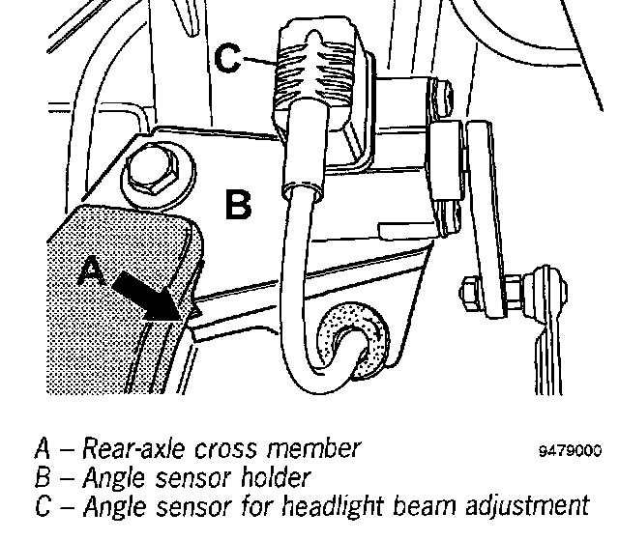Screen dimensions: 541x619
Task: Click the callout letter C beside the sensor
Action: pyautogui.click(x=228, y=59)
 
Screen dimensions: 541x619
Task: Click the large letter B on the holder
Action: pyautogui.click(x=239, y=205)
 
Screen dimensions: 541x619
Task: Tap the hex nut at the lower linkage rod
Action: pyautogui.click(x=470, y=292)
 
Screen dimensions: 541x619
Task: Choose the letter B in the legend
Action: pyautogui.click(x=43, y=477)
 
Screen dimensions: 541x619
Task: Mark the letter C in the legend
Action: pyautogui.click(x=43, y=505)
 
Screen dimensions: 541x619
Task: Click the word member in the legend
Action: pyautogui.click(x=315, y=449)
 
